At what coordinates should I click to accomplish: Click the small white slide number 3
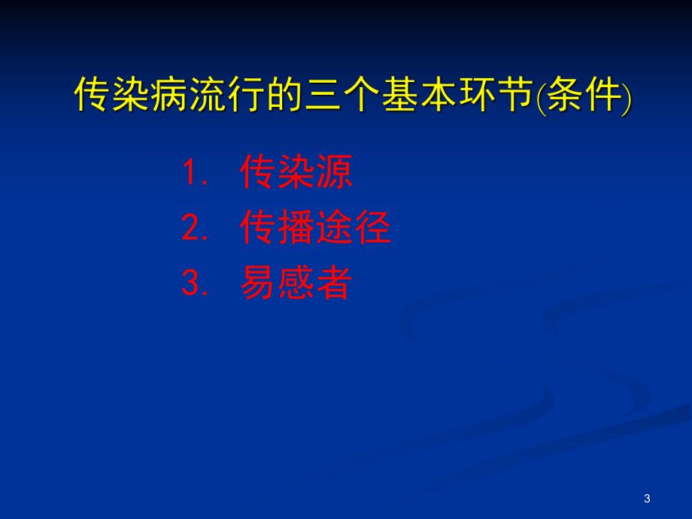coord(648,499)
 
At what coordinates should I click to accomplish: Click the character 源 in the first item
coord(334,173)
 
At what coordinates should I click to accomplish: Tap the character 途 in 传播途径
coord(334,228)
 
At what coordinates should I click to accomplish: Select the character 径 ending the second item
coord(372,228)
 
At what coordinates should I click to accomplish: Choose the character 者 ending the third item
coord(334,284)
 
